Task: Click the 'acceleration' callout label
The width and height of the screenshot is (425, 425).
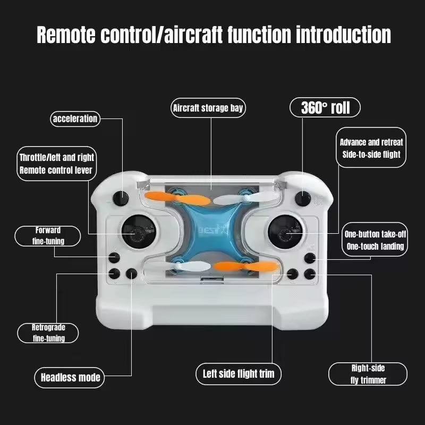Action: pyautogui.click(x=75, y=118)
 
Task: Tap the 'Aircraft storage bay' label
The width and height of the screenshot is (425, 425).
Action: pyautogui.click(x=208, y=108)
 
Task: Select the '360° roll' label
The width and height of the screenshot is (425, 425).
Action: pyautogui.click(x=325, y=108)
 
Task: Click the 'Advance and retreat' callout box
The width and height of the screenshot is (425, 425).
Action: pyautogui.click(x=371, y=148)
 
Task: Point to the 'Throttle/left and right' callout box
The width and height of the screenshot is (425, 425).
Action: pyautogui.click(x=56, y=164)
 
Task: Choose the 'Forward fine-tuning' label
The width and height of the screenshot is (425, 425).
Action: pyautogui.click(x=48, y=236)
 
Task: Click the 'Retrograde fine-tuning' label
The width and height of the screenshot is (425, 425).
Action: pyautogui.click(x=48, y=333)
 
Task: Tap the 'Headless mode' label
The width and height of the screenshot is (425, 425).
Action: pyautogui.click(x=70, y=378)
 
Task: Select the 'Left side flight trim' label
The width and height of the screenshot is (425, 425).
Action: pyautogui.click(x=239, y=373)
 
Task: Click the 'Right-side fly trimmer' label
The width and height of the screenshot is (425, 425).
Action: pyautogui.click(x=368, y=374)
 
